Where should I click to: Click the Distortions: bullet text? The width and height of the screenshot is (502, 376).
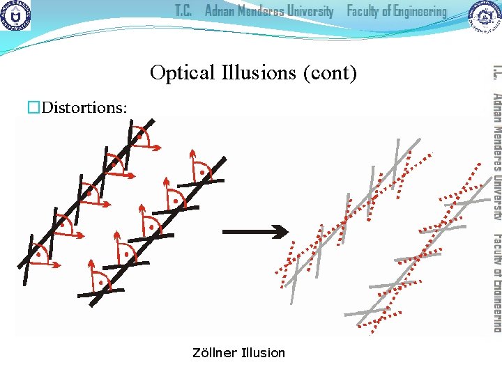[84, 107]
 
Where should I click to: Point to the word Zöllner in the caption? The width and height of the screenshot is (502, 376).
[213, 353]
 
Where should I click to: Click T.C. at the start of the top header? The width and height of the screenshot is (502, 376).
[183, 12]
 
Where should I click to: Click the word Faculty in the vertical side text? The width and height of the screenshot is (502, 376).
[496, 247]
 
